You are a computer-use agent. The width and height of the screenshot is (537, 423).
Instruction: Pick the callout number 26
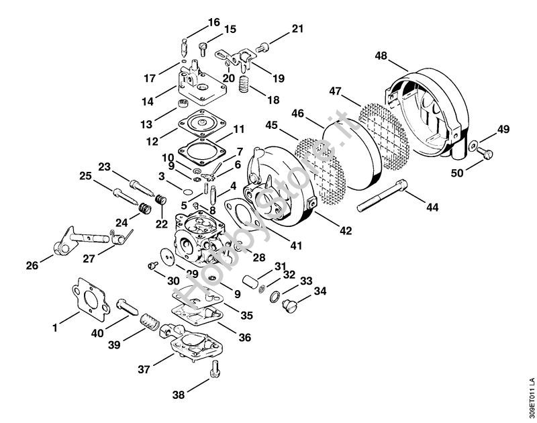point(32,266)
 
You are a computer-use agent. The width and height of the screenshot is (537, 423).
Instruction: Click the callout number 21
point(297,29)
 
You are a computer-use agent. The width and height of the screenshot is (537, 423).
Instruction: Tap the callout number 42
point(346,231)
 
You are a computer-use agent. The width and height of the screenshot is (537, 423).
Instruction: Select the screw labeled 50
point(485,154)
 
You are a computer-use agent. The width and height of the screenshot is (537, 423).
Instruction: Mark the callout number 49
point(503,130)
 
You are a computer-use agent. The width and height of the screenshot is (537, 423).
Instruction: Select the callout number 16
point(213,22)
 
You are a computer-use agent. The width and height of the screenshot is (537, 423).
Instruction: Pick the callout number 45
point(272,124)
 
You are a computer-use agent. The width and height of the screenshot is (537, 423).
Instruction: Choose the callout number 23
point(104,167)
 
